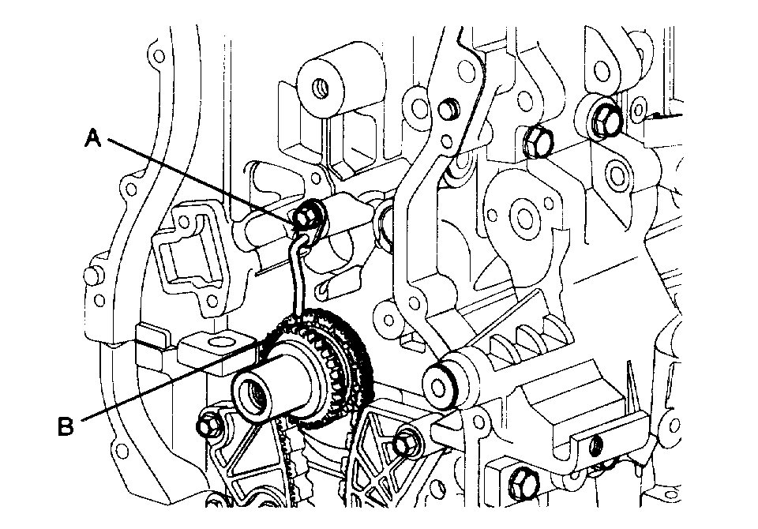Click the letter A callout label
coord(93,139)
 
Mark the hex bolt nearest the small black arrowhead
coord(604,118)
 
